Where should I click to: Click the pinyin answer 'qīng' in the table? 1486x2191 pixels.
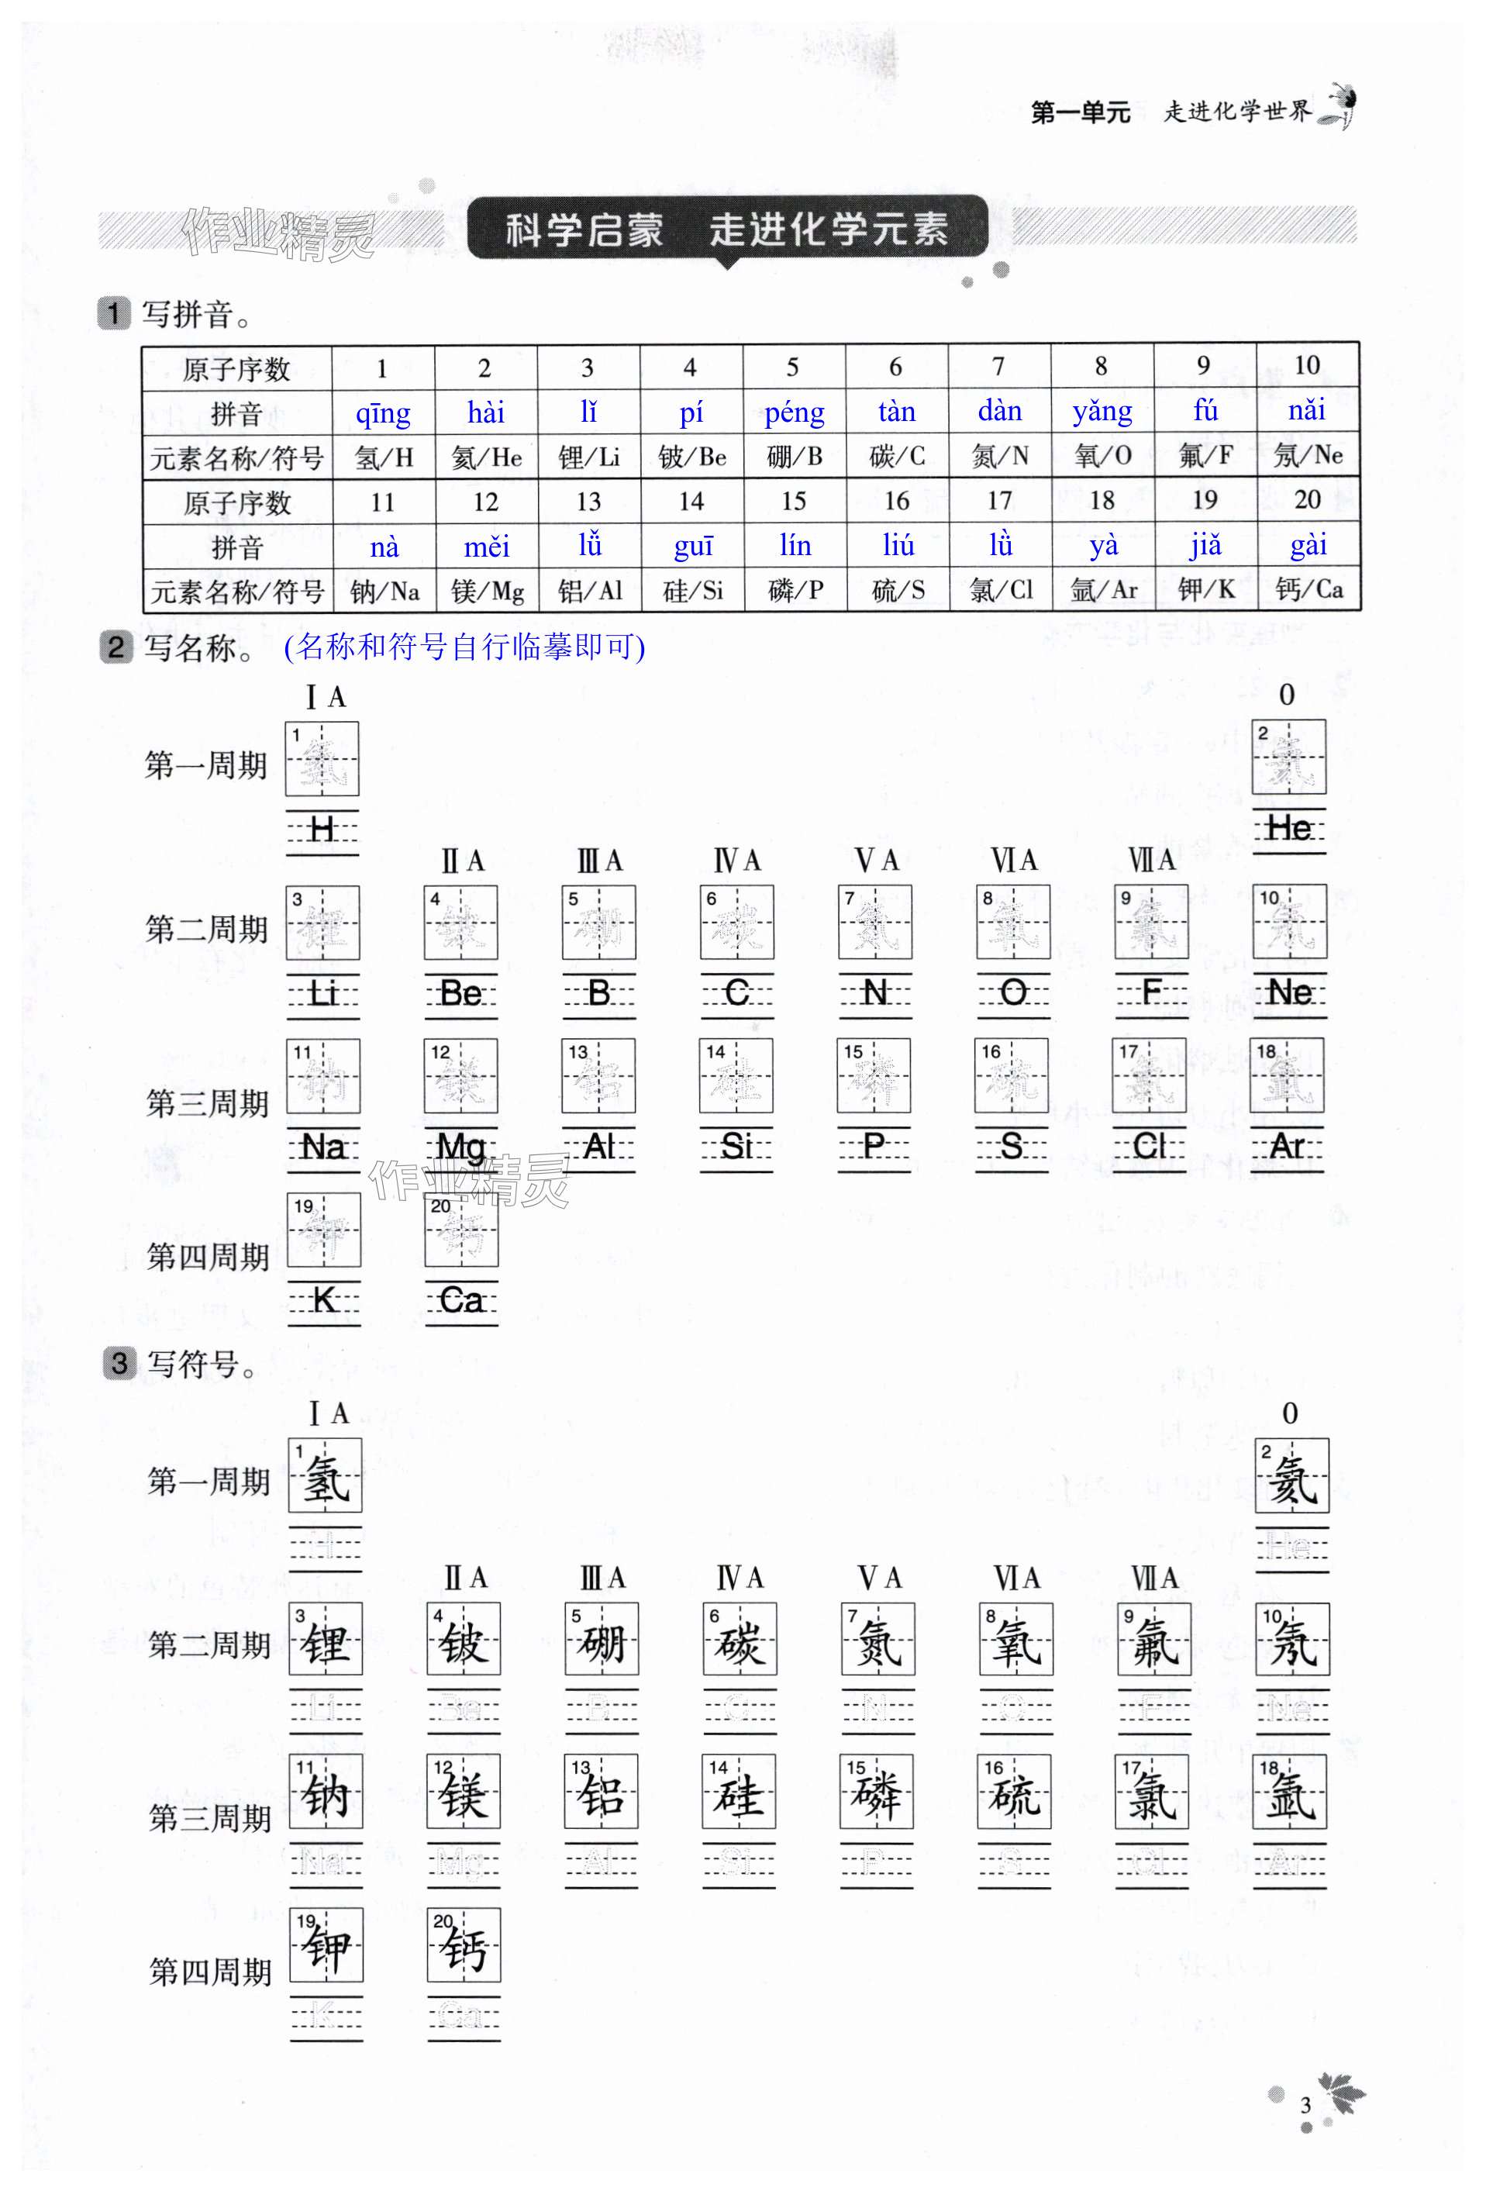[383, 413]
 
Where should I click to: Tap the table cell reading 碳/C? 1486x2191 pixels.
[897, 457]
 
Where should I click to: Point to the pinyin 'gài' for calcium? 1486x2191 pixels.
[1308, 545]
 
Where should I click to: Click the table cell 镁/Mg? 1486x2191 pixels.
[487, 591]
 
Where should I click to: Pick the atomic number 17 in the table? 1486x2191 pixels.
[999, 501]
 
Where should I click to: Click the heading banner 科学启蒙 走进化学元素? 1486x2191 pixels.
[727, 229]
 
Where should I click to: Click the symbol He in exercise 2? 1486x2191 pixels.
[1289, 829]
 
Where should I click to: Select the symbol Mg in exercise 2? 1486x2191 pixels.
[461, 1147]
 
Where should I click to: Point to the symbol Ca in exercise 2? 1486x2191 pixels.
[461, 1301]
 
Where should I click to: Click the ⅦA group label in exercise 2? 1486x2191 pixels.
[1151, 860]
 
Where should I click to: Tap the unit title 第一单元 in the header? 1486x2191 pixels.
[1080, 113]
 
